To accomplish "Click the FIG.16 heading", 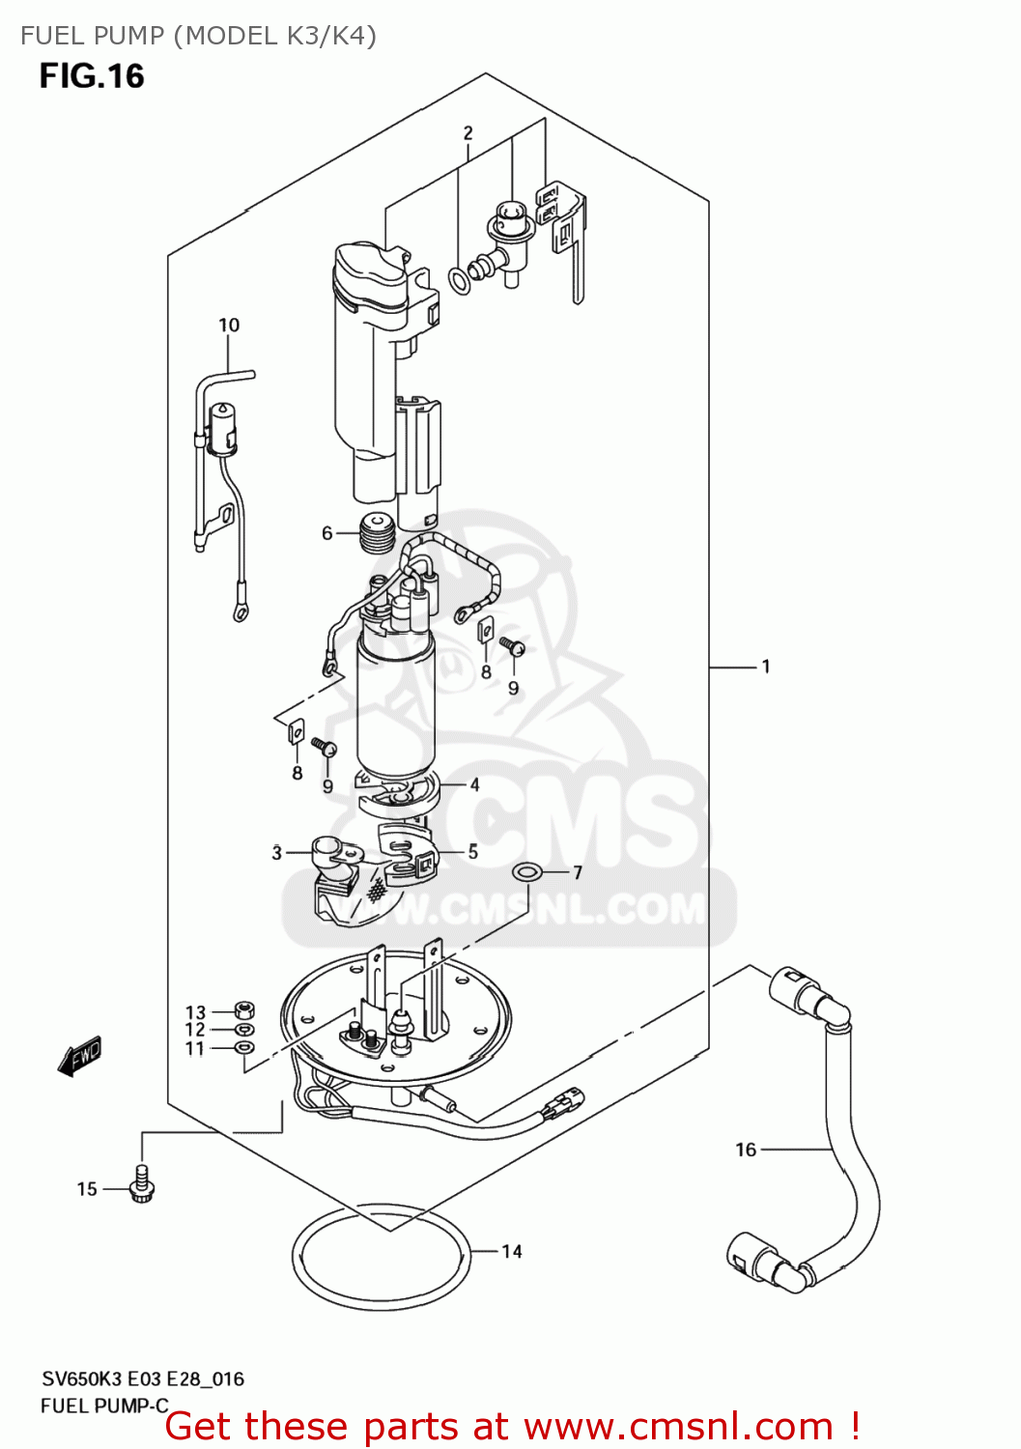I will click(92, 76).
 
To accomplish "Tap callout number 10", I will click(229, 326).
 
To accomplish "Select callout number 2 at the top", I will click(468, 133).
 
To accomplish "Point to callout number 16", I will click(746, 1150).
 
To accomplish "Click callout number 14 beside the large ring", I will click(512, 1251).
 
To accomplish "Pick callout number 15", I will click(87, 1189).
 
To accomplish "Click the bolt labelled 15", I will click(143, 1184).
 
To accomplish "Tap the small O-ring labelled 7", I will click(525, 873).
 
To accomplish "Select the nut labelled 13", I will click(245, 1011).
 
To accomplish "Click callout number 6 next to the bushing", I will click(327, 533).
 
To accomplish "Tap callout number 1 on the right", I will click(766, 667).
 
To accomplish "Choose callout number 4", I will click(474, 784).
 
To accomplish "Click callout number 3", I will click(277, 853).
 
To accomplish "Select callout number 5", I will click(473, 851).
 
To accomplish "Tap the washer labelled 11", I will click(245, 1047).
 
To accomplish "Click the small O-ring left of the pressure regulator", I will click(460, 281).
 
